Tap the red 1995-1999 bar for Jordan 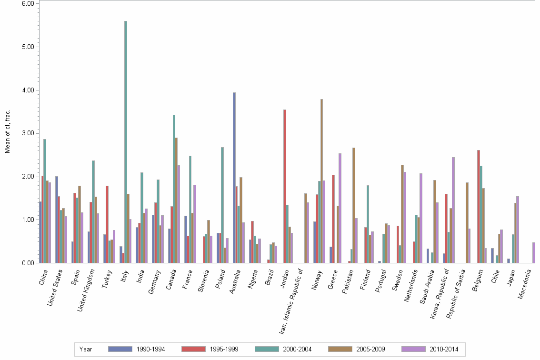coord(285,186)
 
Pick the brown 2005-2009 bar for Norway coord(322,181)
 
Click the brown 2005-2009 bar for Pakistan coord(354,205)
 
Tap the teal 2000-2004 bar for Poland coord(222,205)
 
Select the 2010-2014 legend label coord(444,350)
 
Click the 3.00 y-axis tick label coord(28,133)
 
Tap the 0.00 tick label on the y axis coord(28,263)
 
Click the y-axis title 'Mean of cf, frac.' coord(8,132)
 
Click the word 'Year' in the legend coord(86,350)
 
